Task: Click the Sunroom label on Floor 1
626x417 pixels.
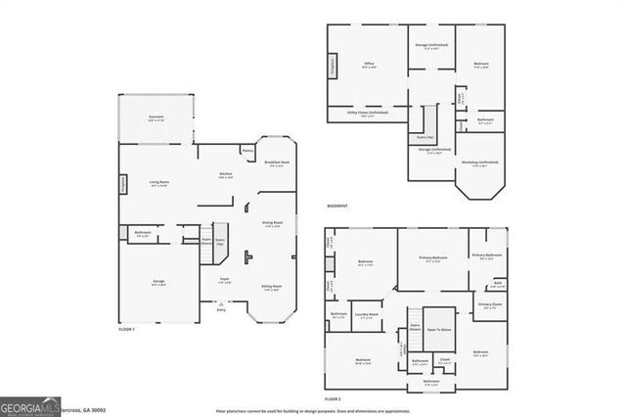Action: pos(156,116)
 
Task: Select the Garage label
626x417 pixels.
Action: pos(158,282)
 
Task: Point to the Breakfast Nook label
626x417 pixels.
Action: pos(278,162)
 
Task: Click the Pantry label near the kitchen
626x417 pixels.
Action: pos(248,152)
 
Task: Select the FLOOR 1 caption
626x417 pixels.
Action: pos(125,330)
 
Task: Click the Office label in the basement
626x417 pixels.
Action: pos(369,65)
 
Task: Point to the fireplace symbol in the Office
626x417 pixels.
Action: pos(331,65)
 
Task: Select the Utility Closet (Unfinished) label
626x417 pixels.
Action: pos(368,113)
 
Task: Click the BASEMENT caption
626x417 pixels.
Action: pos(338,207)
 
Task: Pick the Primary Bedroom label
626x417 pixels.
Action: pos(432,258)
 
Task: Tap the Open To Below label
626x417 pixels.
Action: pos(438,330)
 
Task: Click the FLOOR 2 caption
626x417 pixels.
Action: pos(333,399)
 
